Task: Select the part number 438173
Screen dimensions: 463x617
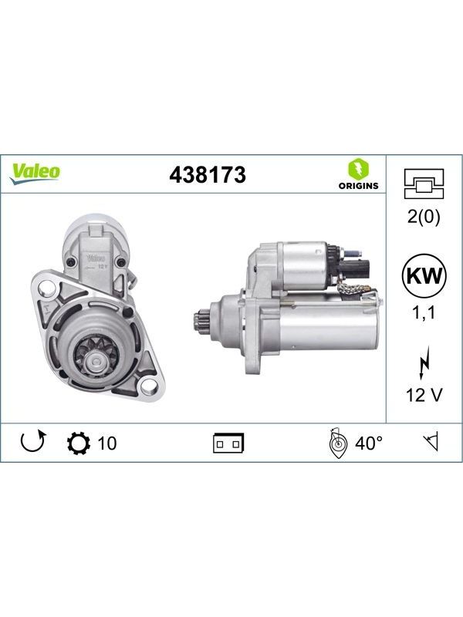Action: pyautogui.click(x=208, y=175)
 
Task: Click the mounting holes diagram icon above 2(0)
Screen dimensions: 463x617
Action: pyautogui.click(x=424, y=184)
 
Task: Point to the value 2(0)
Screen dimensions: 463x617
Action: pyautogui.click(x=424, y=217)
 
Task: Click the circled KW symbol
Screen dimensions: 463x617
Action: pyautogui.click(x=424, y=276)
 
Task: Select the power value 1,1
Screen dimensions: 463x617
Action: pyautogui.click(x=424, y=313)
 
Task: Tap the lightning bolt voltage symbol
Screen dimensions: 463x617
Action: pyautogui.click(x=424, y=362)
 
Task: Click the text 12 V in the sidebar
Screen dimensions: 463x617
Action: pyautogui.click(x=424, y=395)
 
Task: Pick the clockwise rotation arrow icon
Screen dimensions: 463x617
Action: pyautogui.click(x=33, y=441)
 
